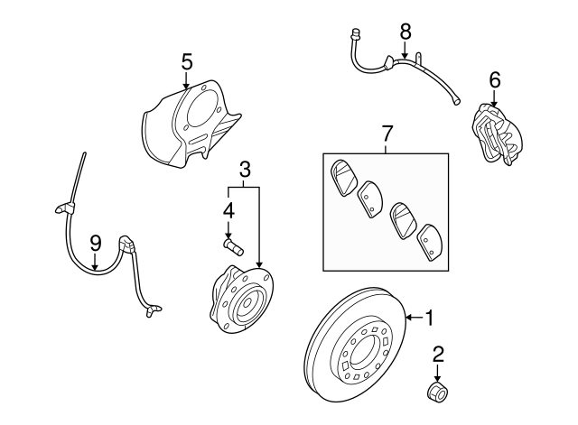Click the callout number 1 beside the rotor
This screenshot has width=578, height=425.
click(x=429, y=318)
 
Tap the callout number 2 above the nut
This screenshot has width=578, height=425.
click(x=438, y=355)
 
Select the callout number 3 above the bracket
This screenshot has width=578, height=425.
click(x=245, y=170)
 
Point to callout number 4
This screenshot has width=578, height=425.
click(x=228, y=211)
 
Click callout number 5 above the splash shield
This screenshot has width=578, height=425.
click(x=187, y=62)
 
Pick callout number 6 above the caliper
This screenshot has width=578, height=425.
click(x=494, y=80)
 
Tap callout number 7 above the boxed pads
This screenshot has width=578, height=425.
click(x=387, y=134)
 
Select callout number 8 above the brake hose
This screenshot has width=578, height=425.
click(x=406, y=32)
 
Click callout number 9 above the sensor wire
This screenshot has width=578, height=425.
click(x=96, y=244)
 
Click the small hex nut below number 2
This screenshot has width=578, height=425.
click(x=437, y=392)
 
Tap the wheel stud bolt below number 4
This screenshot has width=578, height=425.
click(x=233, y=246)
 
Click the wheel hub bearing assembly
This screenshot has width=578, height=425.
click(x=241, y=300)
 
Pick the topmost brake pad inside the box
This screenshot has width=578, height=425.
click(x=344, y=178)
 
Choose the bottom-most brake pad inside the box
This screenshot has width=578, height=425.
click(x=429, y=242)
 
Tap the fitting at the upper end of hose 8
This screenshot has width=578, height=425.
click(x=356, y=34)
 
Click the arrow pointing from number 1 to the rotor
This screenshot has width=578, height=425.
click(x=415, y=318)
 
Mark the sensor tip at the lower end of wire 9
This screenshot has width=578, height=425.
click(x=153, y=310)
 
